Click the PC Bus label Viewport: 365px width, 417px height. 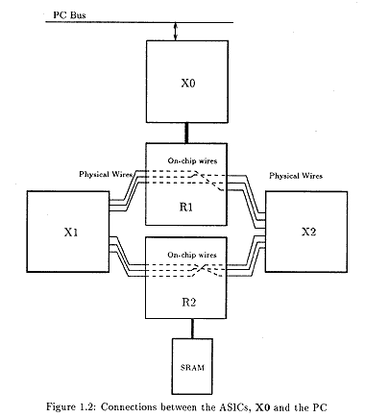(x=69, y=14)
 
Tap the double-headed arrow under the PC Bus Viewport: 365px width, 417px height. (x=175, y=31)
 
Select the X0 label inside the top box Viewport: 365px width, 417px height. (x=188, y=84)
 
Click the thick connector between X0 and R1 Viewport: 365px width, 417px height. (x=186, y=133)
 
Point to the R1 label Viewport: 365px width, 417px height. (x=186, y=207)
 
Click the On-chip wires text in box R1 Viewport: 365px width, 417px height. (x=192, y=160)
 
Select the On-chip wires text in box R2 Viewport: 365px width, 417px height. (x=192, y=255)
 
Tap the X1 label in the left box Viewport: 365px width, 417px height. (x=71, y=233)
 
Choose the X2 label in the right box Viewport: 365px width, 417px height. (x=308, y=232)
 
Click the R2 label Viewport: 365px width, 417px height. (x=188, y=302)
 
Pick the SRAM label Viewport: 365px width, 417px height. (x=192, y=367)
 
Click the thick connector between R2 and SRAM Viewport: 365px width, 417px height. (x=192, y=329)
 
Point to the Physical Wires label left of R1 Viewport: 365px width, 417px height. (x=106, y=174)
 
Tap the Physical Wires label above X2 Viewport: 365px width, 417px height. (x=296, y=176)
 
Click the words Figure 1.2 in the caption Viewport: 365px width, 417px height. (x=72, y=407)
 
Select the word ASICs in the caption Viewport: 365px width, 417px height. (x=233, y=407)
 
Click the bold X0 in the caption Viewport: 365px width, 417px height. (x=262, y=407)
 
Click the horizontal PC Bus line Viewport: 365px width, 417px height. (x=139, y=22)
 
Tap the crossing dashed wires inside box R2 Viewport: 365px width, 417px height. (x=202, y=269)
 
